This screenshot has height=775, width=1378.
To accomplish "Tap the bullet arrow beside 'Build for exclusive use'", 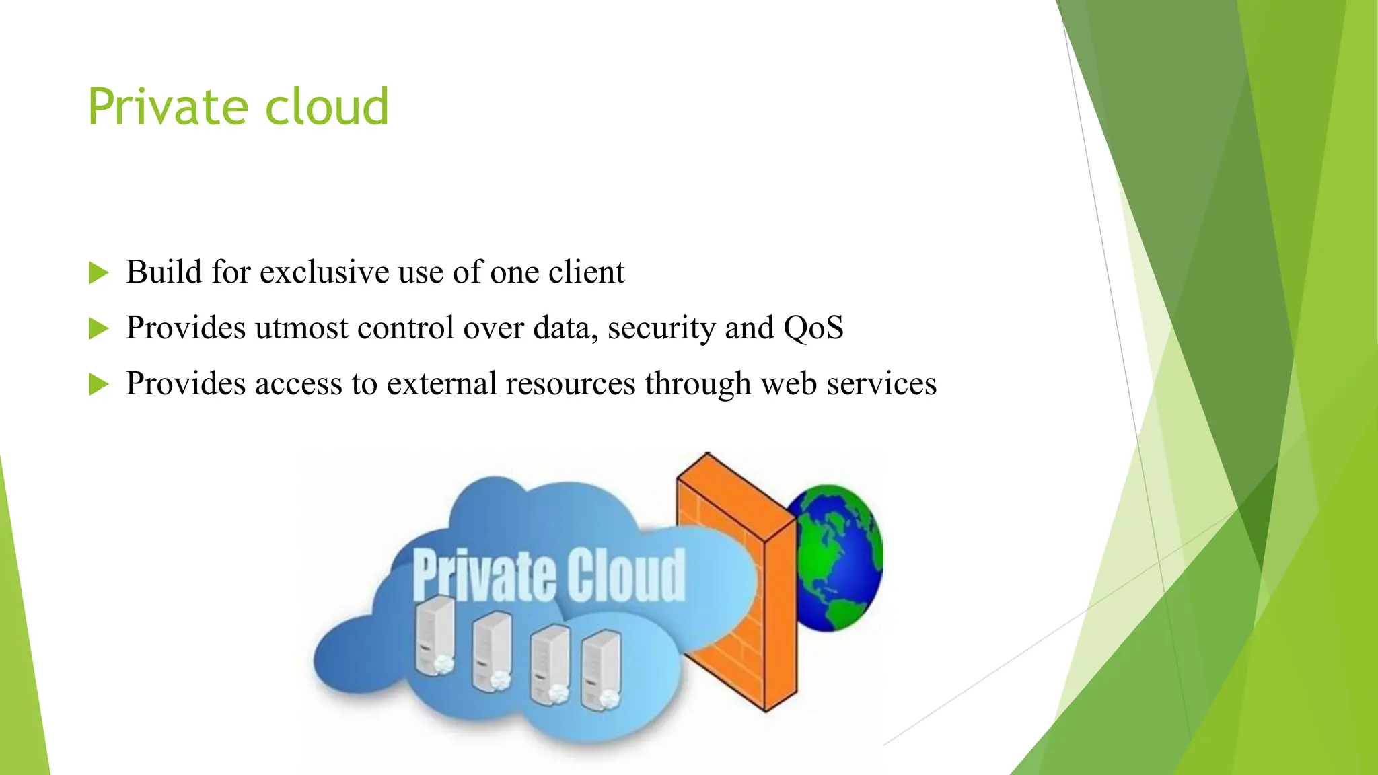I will pyautogui.click(x=98, y=273).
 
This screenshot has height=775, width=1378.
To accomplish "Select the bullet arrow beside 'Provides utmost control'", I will pyautogui.click(x=98, y=329).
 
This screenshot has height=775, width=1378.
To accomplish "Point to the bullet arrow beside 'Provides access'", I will pyautogui.click(x=98, y=385).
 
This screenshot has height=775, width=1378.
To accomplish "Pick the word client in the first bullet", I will pyautogui.click(x=586, y=272).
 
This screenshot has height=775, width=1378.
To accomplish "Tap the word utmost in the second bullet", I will pyautogui.click(x=301, y=328).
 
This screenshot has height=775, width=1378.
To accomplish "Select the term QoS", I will pyautogui.click(x=813, y=328).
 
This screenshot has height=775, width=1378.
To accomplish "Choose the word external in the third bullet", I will pyautogui.click(x=441, y=384).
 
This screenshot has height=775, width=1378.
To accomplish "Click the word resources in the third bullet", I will pyautogui.click(x=571, y=384).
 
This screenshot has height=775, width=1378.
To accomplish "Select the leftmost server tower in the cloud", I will pyautogui.click(x=435, y=636).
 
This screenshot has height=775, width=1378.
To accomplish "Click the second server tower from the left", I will pyautogui.click(x=491, y=651).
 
